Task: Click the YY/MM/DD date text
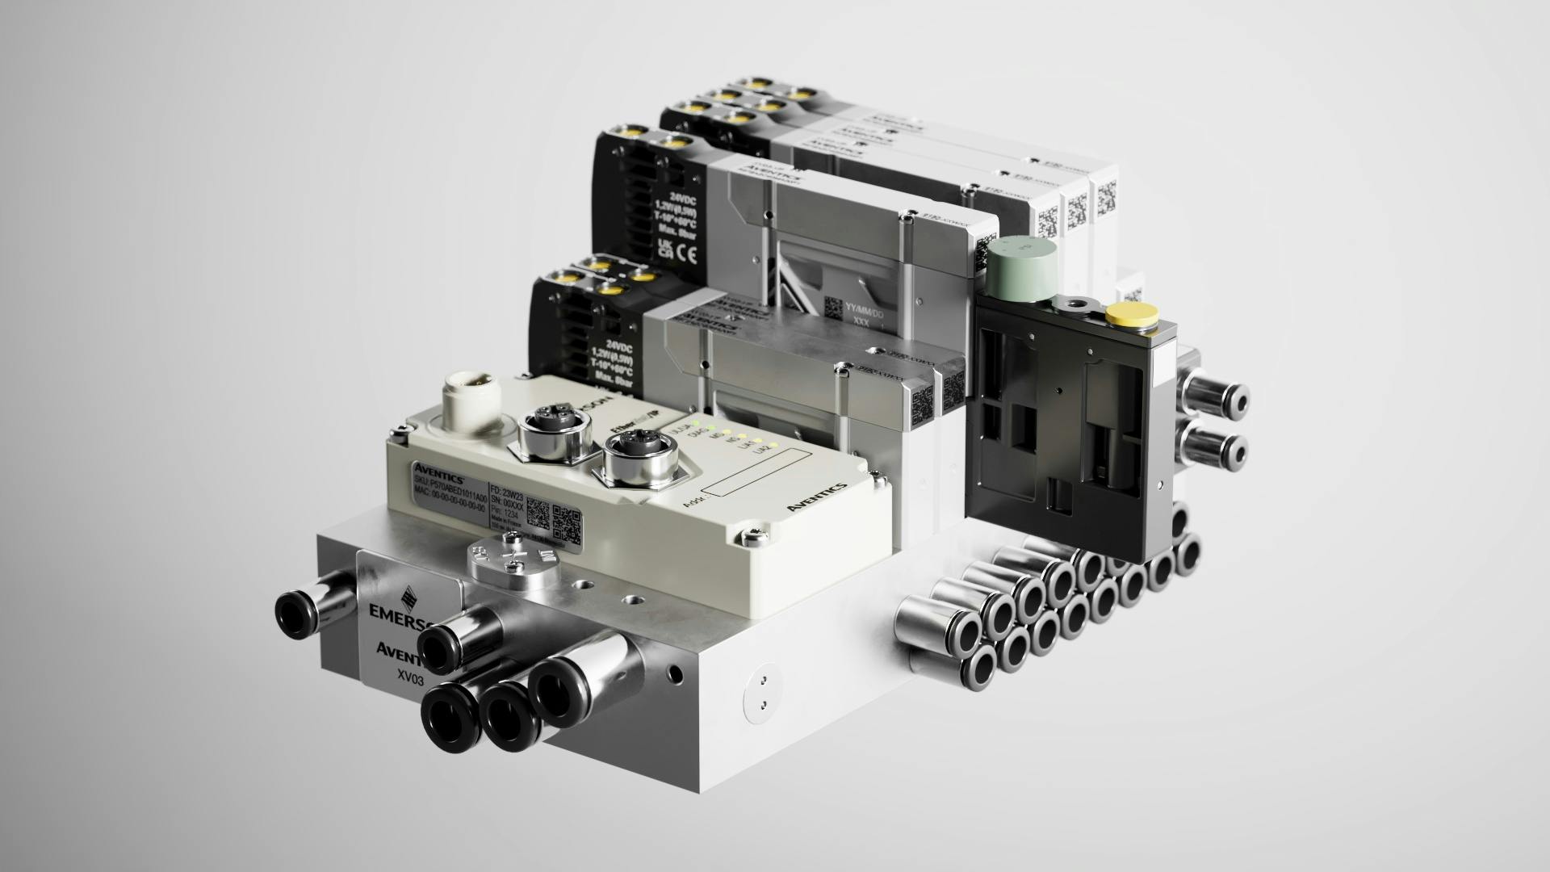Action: pyautogui.click(x=865, y=306)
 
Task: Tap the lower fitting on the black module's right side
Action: pyautogui.click(x=1220, y=446)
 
